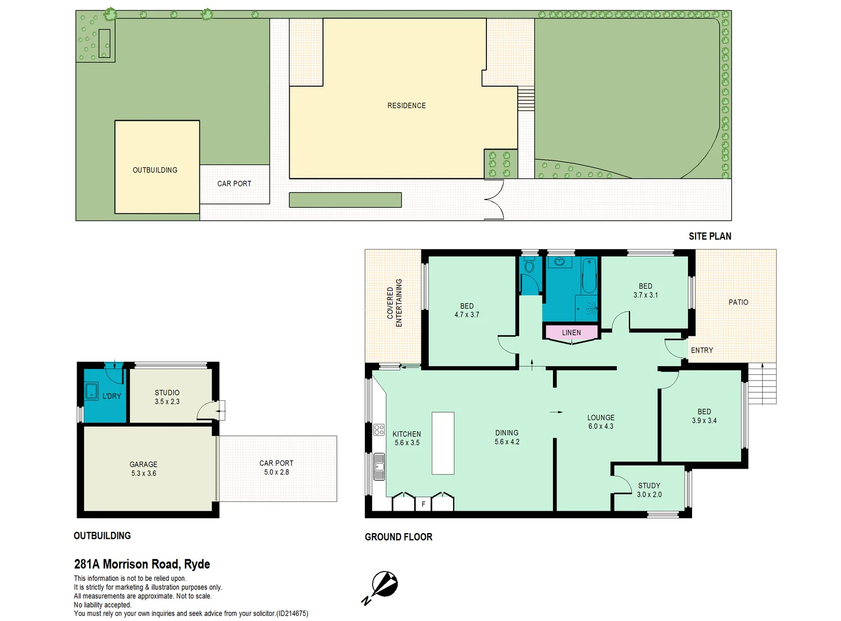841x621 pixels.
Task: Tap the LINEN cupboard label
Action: tap(571, 332)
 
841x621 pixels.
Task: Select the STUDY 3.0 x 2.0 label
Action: tap(649, 490)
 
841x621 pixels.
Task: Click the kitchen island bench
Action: tap(443, 443)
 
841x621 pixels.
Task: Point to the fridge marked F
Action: tap(423, 504)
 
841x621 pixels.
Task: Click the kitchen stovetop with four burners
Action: tap(379, 430)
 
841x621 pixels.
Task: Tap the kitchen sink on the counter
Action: tap(379, 466)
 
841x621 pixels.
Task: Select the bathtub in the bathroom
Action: tap(589, 276)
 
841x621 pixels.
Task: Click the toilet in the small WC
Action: tap(529, 266)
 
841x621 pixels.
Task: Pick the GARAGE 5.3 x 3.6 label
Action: tap(144, 469)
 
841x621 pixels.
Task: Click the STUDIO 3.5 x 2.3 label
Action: tap(167, 397)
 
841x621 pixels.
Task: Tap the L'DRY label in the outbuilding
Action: tap(112, 396)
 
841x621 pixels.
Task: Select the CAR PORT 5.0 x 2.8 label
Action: tap(277, 467)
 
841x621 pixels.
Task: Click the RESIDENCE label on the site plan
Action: tap(406, 106)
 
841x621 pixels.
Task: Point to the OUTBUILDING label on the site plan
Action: tap(155, 170)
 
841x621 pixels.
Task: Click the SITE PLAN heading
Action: tap(710, 236)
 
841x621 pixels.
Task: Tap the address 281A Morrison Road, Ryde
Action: tap(142, 564)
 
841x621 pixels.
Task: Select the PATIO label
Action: tap(739, 302)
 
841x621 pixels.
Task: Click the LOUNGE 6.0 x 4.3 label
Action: tap(601, 422)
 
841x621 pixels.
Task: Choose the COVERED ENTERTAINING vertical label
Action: tap(394, 303)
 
